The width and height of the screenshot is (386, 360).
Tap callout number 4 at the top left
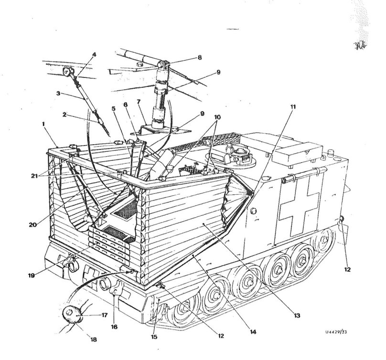click(x=94, y=54)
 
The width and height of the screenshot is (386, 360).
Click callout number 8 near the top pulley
click(x=199, y=57)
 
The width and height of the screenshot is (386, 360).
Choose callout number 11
click(x=292, y=107)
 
